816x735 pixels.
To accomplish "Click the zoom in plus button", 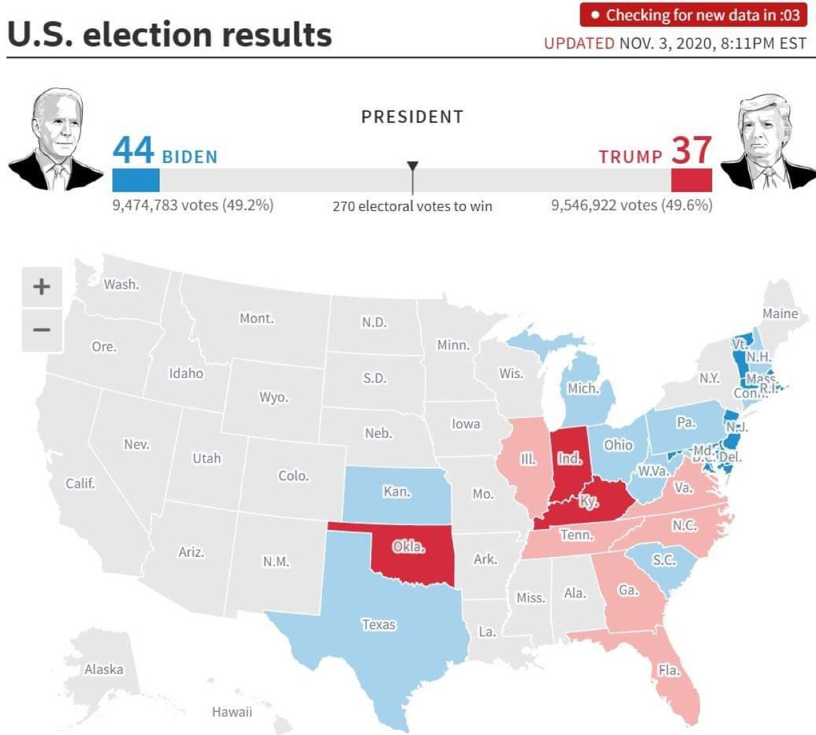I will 41,287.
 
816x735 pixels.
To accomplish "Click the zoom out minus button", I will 41,330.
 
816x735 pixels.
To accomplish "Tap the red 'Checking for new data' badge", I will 693,15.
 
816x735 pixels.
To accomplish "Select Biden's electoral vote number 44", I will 133,150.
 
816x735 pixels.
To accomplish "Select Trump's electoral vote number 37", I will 691,150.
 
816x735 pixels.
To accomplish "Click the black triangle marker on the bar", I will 413,166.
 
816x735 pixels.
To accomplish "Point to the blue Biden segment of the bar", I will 136,180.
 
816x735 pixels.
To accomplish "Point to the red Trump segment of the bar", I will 691,180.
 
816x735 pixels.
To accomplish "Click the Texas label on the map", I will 379,625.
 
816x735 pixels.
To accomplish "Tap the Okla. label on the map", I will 409,546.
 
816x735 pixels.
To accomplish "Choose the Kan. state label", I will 396,492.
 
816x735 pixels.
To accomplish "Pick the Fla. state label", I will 669,670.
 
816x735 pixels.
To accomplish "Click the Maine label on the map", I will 780,314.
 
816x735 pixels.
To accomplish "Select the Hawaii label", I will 232,711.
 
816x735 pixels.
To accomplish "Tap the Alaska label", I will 104,669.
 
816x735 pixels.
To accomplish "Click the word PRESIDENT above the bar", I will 413,117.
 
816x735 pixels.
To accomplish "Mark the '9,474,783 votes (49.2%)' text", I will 193,205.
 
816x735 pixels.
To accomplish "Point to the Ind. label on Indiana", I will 570,458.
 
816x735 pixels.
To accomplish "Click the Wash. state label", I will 122,285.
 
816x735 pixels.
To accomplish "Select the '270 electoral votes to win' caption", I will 413,206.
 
